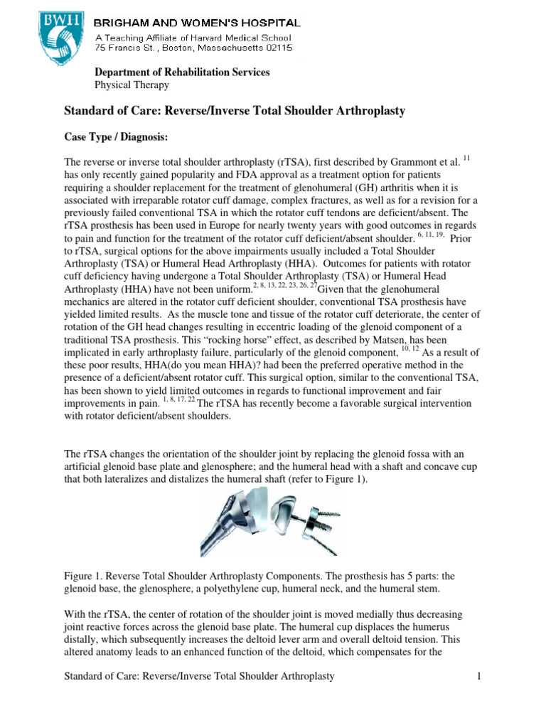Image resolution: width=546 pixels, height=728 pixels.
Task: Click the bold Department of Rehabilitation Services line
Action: [x=182, y=73]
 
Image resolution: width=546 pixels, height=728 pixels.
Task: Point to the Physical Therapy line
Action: [x=132, y=85]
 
